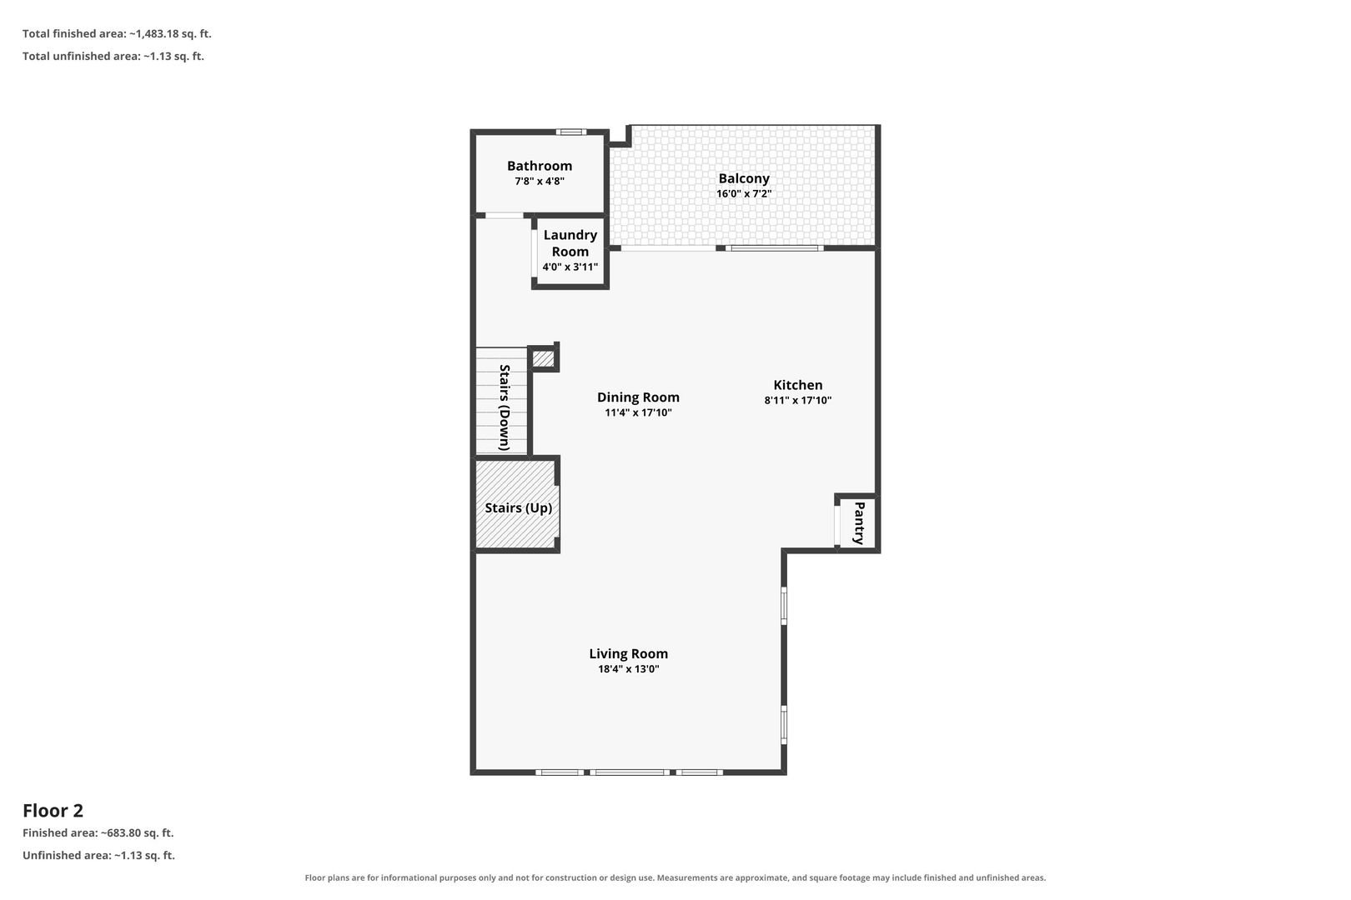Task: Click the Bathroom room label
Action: pyautogui.click(x=540, y=166)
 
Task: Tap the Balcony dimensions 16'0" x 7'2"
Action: pyautogui.click(x=744, y=193)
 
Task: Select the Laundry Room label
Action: pyautogui.click(x=570, y=243)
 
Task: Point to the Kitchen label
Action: pyautogui.click(x=797, y=385)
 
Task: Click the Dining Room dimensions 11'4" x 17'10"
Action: pyautogui.click(x=638, y=412)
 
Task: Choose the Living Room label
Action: pyautogui.click(x=629, y=653)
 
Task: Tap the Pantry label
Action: pyautogui.click(x=860, y=522)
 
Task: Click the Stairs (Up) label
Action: pyautogui.click(x=518, y=507)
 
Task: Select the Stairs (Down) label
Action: pyautogui.click(x=505, y=407)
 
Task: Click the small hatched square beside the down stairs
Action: pyautogui.click(x=543, y=358)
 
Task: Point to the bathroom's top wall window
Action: pyautogui.click(x=570, y=132)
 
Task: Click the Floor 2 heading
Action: pyautogui.click(x=53, y=811)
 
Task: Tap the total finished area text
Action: pyautogui.click(x=117, y=34)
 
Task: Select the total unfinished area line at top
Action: pyautogui.click(x=113, y=56)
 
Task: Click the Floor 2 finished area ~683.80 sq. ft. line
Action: pyautogui.click(x=98, y=833)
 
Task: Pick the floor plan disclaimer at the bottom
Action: pyautogui.click(x=675, y=877)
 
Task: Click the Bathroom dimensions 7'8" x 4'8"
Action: pyautogui.click(x=540, y=181)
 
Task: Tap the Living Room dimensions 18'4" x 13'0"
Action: pyautogui.click(x=629, y=668)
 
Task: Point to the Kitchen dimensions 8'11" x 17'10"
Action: pyautogui.click(x=797, y=400)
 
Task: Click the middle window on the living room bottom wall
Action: pyautogui.click(x=629, y=772)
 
